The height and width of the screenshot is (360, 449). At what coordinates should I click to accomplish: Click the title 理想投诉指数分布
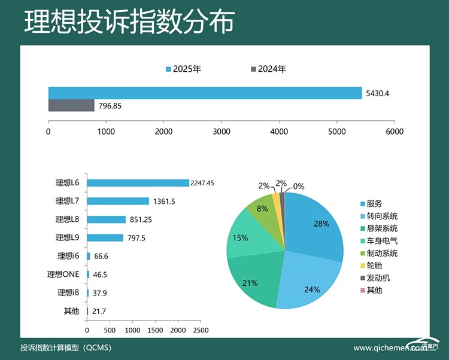click(x=129, y=22)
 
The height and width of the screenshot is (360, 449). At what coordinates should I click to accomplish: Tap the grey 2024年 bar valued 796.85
click(x=71, y=105)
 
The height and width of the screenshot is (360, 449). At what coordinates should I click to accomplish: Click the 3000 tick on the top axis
click(x=222, y=132)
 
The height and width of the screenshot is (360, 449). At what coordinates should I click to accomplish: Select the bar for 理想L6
click(x=138, y=183)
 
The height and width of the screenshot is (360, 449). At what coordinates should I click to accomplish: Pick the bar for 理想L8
click(x=106, y=219)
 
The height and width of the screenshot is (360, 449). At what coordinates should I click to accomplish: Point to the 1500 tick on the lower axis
click(x=155, y=330)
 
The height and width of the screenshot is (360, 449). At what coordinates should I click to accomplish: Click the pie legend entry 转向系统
click(x=382, y=216)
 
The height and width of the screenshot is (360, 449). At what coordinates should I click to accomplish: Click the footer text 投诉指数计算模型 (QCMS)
click(x=65, y=347)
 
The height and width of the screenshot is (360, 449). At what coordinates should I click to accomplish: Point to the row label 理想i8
click(x=68, y=293)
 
